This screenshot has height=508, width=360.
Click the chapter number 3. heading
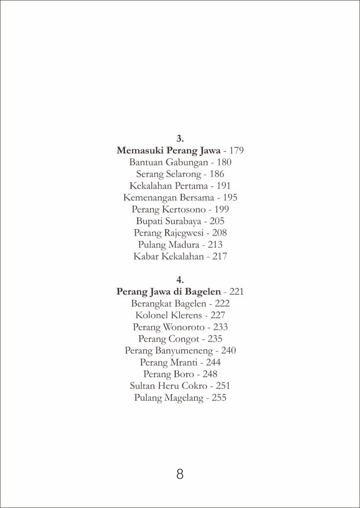click(x=180, y=138)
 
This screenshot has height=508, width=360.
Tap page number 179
click(x=236, y=150)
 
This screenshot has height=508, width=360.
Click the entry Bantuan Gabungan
click(x=165, y=162)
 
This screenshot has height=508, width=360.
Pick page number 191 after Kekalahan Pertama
click(x=223, y=186)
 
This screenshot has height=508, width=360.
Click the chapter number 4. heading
click(x=180, y=280)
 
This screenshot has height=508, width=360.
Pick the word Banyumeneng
click(x=186, y=351)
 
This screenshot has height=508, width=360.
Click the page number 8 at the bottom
click(x=180, y=474)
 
